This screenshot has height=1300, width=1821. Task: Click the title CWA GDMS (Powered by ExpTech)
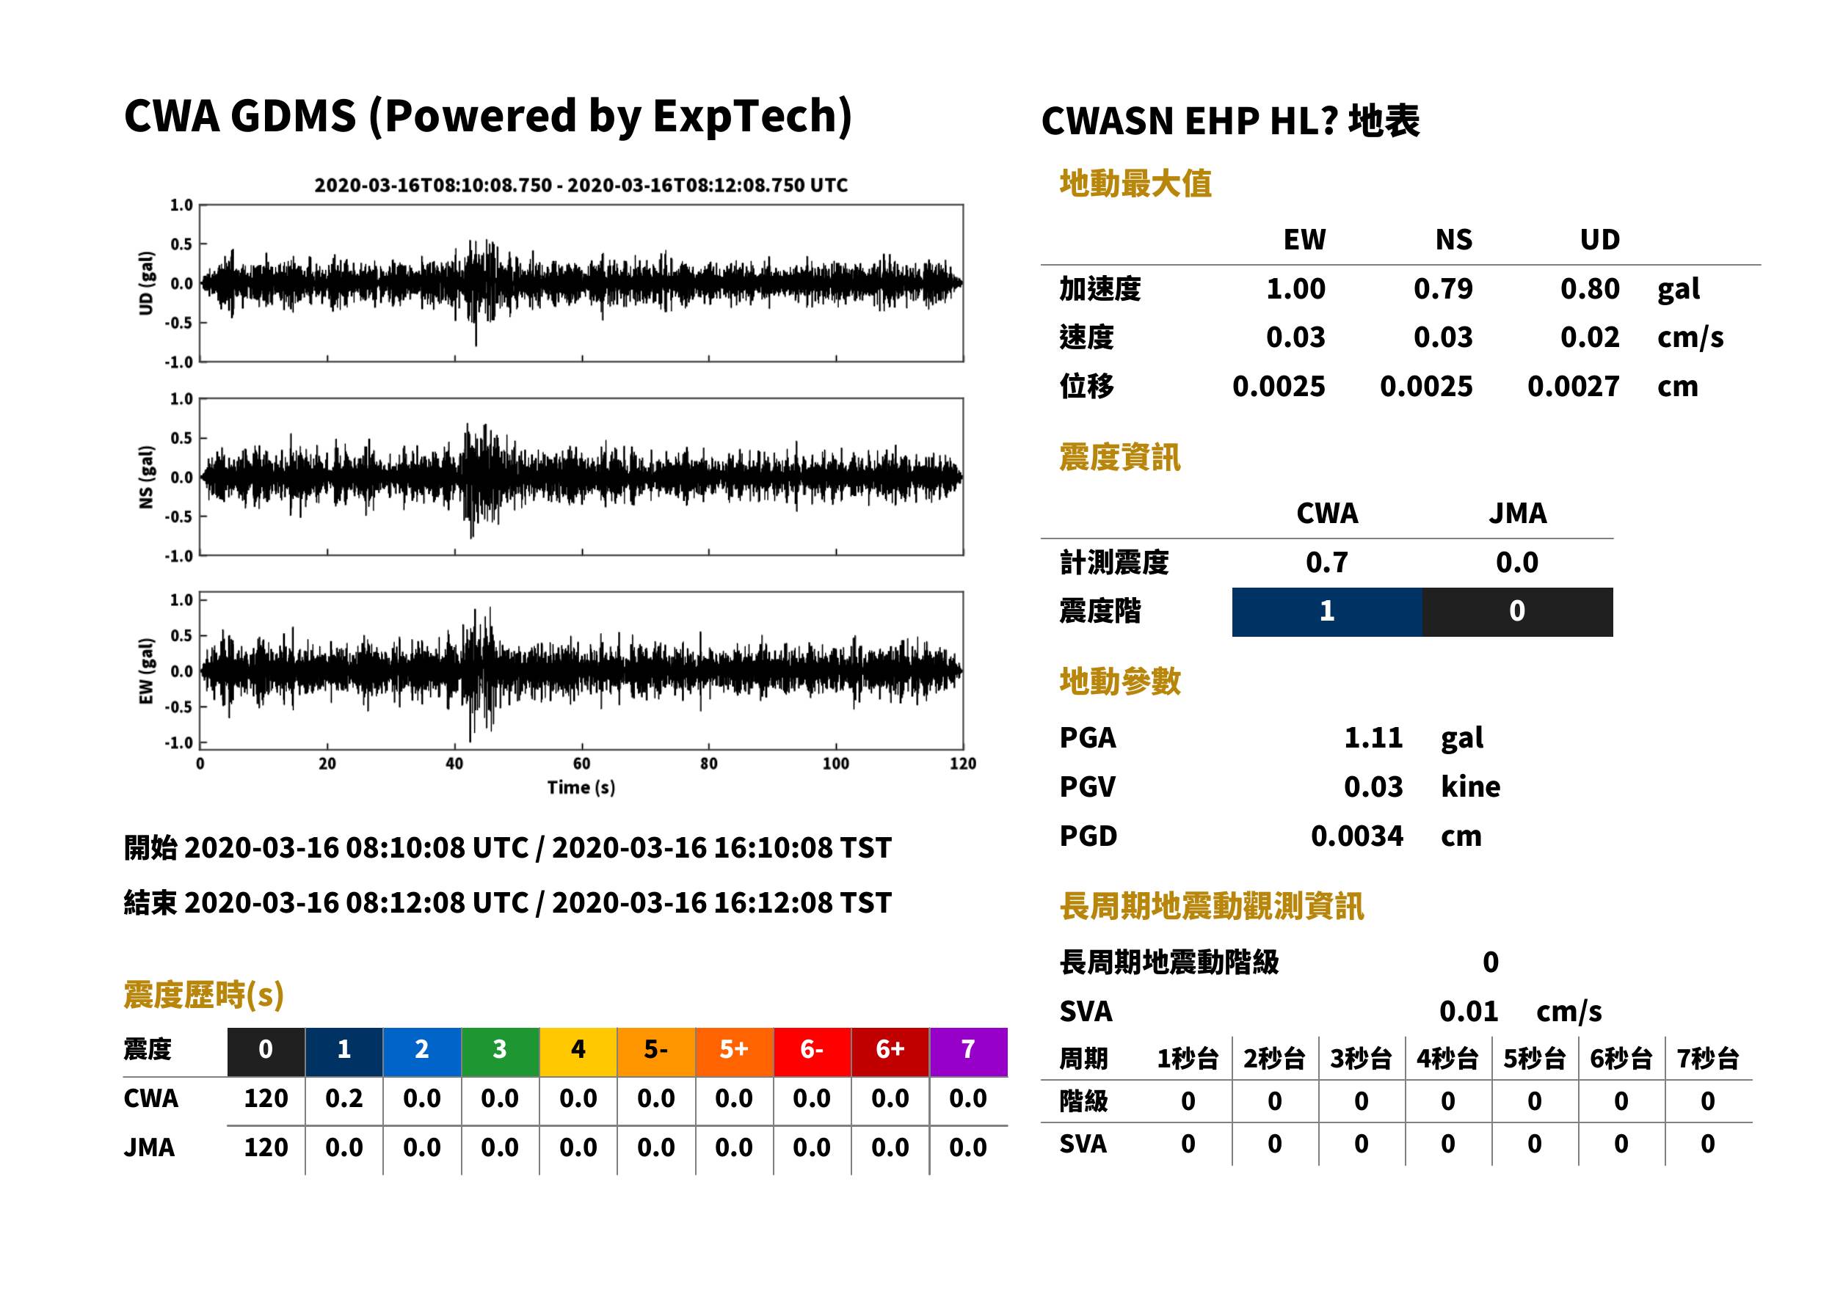point(487,117)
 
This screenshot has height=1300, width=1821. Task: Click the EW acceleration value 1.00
point(1295,289)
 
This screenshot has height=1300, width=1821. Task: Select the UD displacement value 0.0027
point(1573,387)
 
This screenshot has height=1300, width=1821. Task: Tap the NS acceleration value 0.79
point(1442,289)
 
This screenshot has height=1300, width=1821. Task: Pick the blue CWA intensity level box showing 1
point(1327,612)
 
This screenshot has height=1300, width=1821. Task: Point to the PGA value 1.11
point(1373,737)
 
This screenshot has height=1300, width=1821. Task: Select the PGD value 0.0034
point(1356,836)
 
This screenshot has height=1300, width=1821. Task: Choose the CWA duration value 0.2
point(344,1098)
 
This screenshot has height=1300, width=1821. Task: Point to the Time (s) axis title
point(581,788)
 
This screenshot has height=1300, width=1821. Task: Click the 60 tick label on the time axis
point(581,764)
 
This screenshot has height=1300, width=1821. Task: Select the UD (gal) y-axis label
point(146,283)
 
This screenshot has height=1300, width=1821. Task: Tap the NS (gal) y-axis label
point(146,477)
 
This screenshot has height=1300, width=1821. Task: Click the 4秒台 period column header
point(1447,1059)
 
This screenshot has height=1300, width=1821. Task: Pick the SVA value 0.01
point(1468,1012)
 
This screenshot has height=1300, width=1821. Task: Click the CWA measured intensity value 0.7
point(1327,563)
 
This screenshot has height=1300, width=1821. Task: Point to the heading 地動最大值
point(1135,184)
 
